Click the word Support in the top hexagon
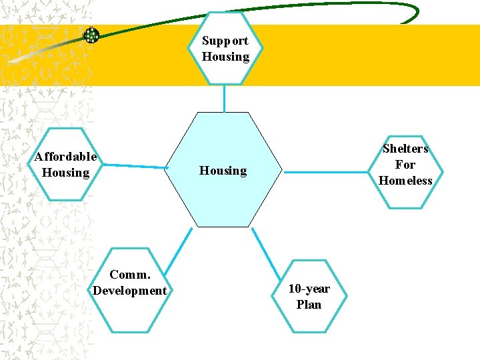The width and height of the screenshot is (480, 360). (225, 41)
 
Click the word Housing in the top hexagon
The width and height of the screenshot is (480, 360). (225, 57)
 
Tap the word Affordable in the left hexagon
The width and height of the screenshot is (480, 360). (65, 157)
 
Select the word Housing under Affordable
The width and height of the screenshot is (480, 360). (65, 173)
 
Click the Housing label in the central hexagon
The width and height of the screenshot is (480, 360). (223, 171)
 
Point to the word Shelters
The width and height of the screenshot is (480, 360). (405, 149)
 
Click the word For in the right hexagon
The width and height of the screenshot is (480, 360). (405, 165)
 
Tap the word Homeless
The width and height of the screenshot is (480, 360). (405, 181)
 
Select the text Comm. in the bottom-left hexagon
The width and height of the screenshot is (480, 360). (129, 275)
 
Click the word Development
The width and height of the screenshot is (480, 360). (130, 291)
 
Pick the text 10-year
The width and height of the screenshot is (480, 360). (309, 289)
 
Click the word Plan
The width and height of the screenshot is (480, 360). (309, 305)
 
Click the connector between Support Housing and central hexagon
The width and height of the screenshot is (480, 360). (225, 98)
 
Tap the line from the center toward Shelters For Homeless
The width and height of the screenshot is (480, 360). (327, 171)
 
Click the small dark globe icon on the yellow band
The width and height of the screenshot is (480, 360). (91, 35)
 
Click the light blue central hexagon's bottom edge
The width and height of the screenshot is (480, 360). (224, 227)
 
